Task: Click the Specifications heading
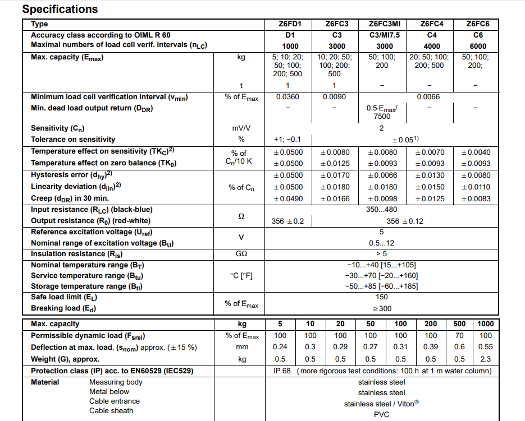(x=60, y=10)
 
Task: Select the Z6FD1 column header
(x=290, y=24)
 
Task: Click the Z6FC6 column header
(x=478, y=24)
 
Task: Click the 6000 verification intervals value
(x=478, y=46)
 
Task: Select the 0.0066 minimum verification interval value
(x=428, y=97)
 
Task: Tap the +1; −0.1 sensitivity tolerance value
(x=287, y=140)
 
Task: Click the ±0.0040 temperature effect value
(x=475, y=152)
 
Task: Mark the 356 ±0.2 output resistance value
(x=287, y=221)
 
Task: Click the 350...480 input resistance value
(x=381, y=210)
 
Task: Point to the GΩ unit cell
(x=241, y=254)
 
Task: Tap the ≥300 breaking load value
(x=381, y=308)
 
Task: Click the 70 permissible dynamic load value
(x=459, y=336)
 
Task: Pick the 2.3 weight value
(x=485, y=359)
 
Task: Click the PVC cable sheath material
(x=381, y=414)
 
